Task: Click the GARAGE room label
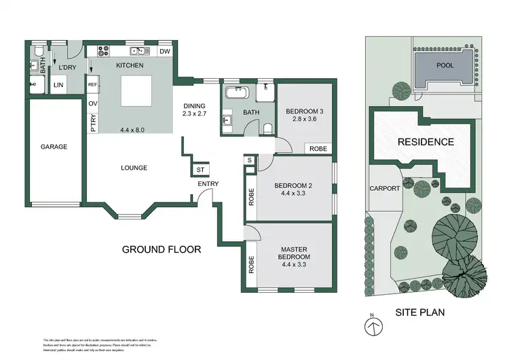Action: point(54,146)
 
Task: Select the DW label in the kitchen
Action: point(164,51)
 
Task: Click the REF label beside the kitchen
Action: point(93,84)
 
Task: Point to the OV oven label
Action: point(92,103)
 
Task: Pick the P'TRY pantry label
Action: point(93,124)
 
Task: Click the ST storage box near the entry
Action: point(201,170)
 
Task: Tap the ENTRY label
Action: point(208,184)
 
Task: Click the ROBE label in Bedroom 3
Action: point(318,148)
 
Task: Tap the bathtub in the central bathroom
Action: point(238,91)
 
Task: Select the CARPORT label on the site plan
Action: point(385,188)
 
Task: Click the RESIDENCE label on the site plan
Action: point(426,142)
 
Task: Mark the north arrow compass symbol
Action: point(372,325)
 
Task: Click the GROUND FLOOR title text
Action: point(162,249)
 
